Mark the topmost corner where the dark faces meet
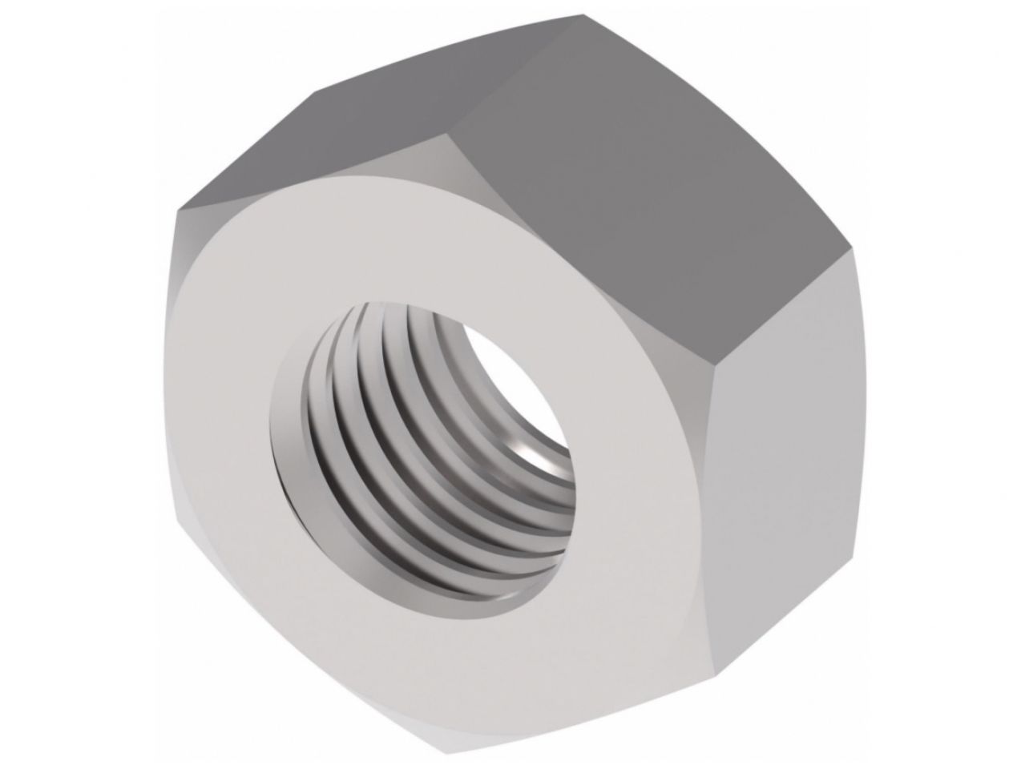(583, 14)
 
